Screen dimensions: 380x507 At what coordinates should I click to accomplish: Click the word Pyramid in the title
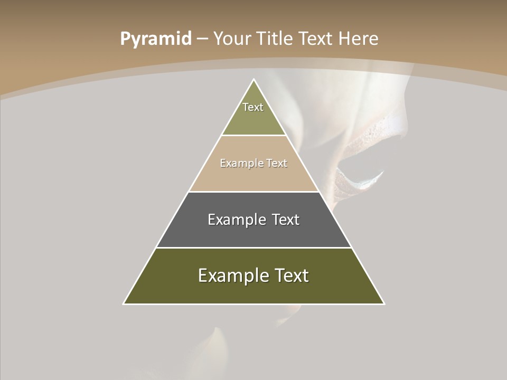(x=155, y=39)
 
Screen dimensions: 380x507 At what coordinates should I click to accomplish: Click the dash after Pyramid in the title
(x=202, y=40)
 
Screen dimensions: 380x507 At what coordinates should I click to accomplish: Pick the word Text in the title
(x=316, y=39)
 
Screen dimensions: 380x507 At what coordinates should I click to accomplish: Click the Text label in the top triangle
(x=253, y=107)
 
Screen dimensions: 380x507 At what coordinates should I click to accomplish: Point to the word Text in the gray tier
(x=286, y=220)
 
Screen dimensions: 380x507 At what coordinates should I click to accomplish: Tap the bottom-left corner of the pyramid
(x=124, y=303)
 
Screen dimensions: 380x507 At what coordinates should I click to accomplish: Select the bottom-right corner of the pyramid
(x=384, y=303)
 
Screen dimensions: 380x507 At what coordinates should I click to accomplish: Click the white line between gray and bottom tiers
(x=254, y=248)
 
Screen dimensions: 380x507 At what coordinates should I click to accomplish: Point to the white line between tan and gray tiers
(x=254, y=192)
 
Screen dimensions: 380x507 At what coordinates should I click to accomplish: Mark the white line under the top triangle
(x=254, y=136)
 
